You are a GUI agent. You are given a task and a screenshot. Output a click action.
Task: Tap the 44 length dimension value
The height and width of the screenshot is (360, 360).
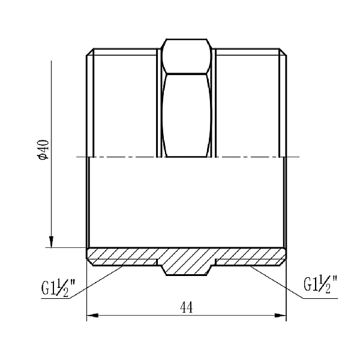(x=186, y=307)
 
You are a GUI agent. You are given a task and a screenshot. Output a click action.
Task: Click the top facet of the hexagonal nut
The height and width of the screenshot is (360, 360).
(x=186, y=47)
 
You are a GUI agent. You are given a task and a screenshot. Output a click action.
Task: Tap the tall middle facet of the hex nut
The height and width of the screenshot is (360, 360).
(x=186, y=114)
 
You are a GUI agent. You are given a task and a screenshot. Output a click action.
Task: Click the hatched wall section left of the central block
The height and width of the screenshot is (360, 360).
(x=123, y=256)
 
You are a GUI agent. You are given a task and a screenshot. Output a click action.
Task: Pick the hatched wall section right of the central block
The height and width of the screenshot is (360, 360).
(x=249, y=256)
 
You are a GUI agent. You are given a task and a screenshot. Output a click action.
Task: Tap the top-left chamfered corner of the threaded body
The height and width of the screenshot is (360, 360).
(x=88, y=52)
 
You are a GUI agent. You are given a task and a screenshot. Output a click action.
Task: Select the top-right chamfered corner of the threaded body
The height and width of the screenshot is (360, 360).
(x=284, y=52)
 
